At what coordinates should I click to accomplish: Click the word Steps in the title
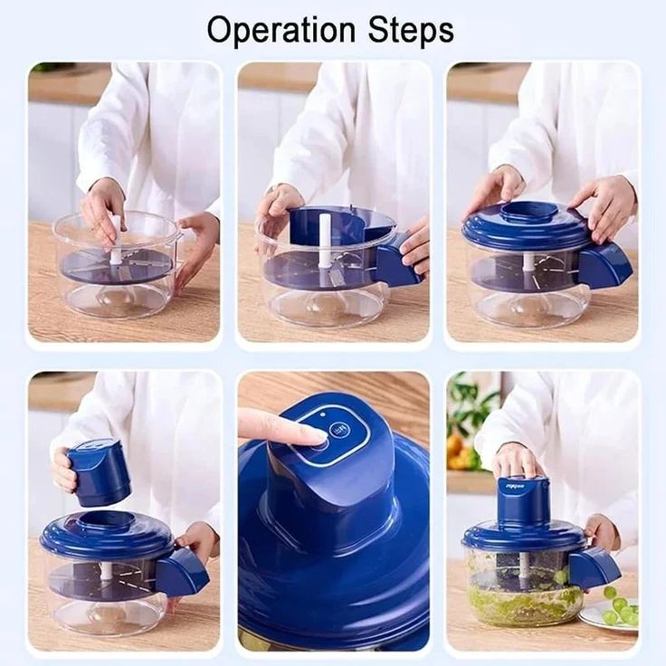410,30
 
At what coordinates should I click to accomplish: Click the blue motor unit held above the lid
99,471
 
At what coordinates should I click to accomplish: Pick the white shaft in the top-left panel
116,242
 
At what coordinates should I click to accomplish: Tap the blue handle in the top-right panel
604,265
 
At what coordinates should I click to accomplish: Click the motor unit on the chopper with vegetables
524,501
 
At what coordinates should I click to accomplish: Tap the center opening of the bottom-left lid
107,522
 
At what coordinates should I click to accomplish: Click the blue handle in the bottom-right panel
594,566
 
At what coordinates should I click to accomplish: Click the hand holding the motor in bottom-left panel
64,471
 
